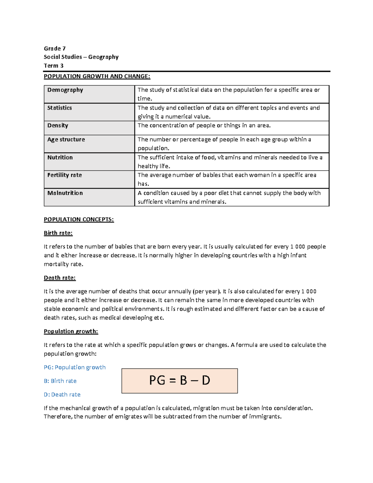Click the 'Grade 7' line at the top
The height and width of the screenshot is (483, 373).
click(55, 49)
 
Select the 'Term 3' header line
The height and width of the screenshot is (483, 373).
click(53, 66)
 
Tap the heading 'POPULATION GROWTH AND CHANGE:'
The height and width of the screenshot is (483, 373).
click(97, 76)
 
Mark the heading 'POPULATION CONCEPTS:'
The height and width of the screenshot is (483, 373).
click(79, 220)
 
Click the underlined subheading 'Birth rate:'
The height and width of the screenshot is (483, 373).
click(58, 233)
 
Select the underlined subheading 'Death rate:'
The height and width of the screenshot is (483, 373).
click(60, 278)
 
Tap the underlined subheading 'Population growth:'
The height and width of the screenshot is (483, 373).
click(71, 332)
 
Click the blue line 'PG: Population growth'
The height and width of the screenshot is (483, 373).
click(75, 367)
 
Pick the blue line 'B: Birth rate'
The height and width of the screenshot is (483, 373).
click(60, 381)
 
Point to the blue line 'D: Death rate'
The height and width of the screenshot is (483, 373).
click(62, 395)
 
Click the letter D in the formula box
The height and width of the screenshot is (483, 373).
click(206, 380)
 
